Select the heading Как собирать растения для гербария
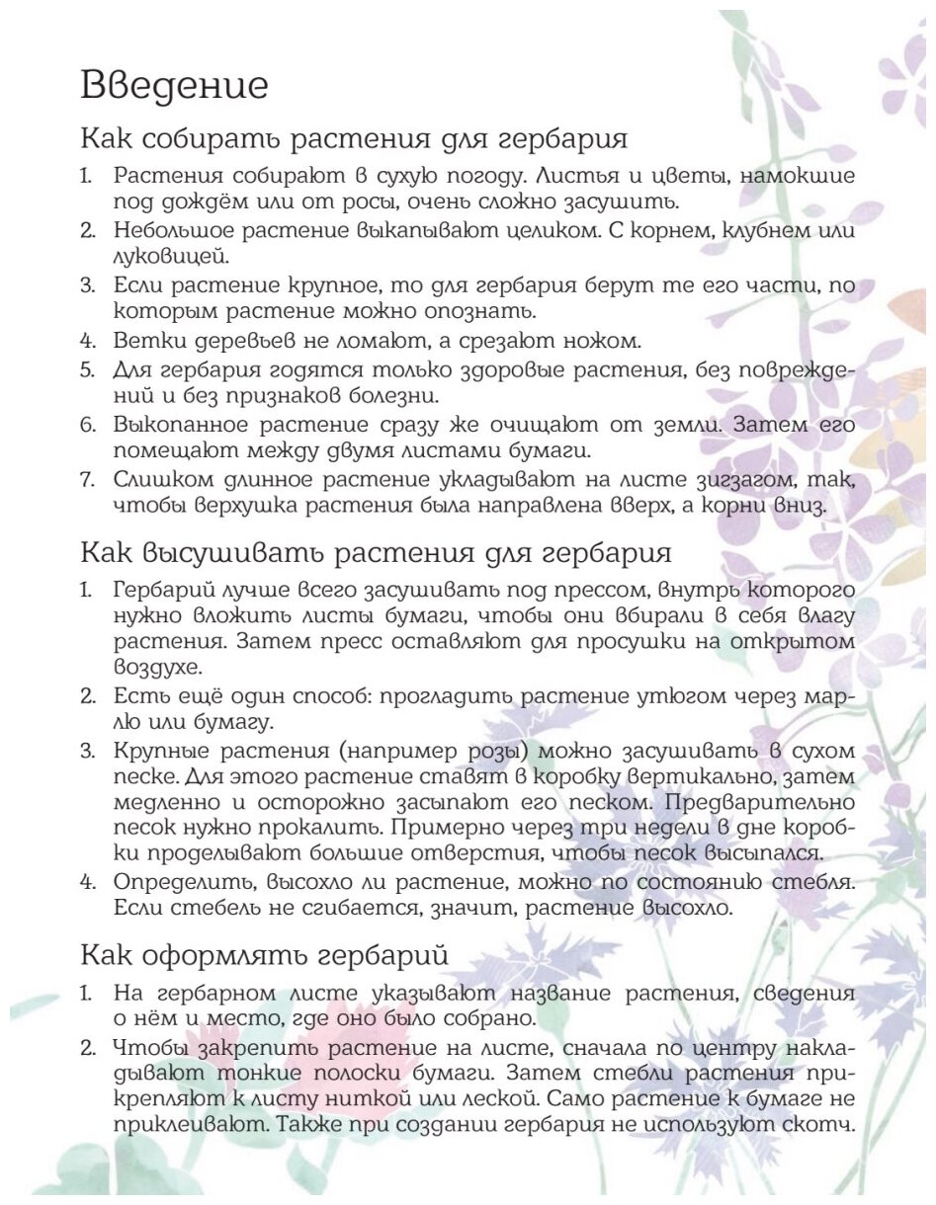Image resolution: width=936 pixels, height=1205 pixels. coord(353,137)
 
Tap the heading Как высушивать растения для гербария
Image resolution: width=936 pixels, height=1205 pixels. coord(376,549)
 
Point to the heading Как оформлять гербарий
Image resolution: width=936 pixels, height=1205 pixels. coord(264,955)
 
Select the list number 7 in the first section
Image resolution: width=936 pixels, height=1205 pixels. coord(88,480)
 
